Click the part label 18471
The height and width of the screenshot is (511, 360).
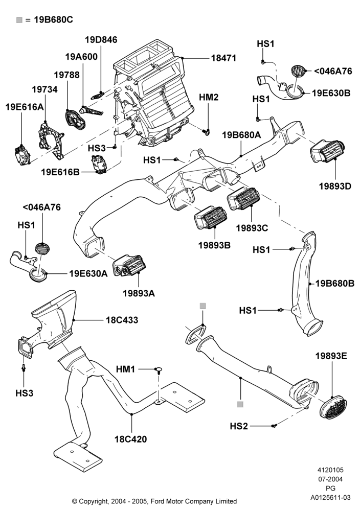click(x=223, y=58)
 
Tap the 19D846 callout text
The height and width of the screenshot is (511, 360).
click(x=101, y=40)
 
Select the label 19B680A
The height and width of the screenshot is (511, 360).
click(x=242, y=135)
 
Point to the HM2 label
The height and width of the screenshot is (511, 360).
click(x=209, y=97)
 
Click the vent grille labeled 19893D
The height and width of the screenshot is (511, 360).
click(x=327, y=152)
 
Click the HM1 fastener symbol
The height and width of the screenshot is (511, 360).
click(x=159, y=370)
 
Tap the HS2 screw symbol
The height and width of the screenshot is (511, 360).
click(x=274, y=426)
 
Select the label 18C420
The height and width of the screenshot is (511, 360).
click(x=131, y=439)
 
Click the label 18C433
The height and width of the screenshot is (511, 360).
click(x=122, y=320)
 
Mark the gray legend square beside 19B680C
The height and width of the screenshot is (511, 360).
click(x=19, y=20)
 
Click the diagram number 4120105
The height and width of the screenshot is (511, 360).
click(x=331, y=470)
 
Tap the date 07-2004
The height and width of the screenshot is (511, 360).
click(x=331, y=479)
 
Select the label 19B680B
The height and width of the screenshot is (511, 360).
click(x=335, y=284)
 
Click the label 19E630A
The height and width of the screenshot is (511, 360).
click(x=88, y=273)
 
